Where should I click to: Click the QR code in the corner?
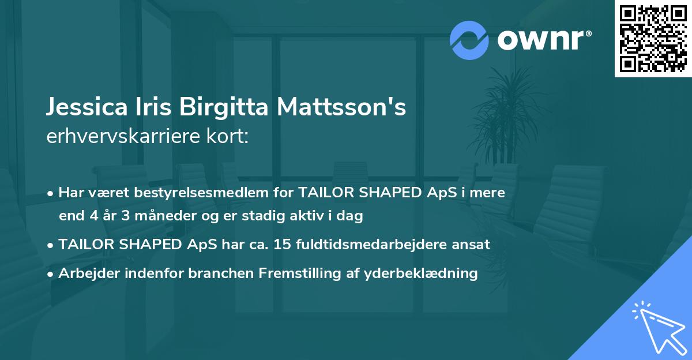click(653, 39)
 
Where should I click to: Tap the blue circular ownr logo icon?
click(469, 40)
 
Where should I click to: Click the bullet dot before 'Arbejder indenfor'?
click(51, 273)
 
